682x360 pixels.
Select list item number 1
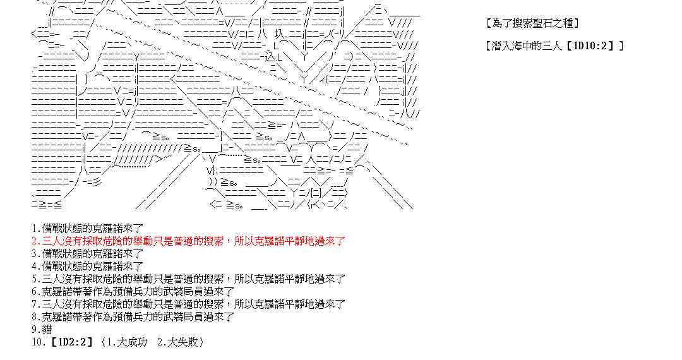88,228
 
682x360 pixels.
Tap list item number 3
88,253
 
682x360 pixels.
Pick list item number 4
88,266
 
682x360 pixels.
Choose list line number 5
188,279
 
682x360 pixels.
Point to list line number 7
188,304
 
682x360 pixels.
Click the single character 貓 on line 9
47,329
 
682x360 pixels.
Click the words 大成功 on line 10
132,342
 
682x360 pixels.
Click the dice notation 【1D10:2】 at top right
592,45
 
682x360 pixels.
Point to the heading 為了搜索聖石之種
533,23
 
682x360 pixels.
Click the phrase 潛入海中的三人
528,45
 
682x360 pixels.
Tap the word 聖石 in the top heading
543,23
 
